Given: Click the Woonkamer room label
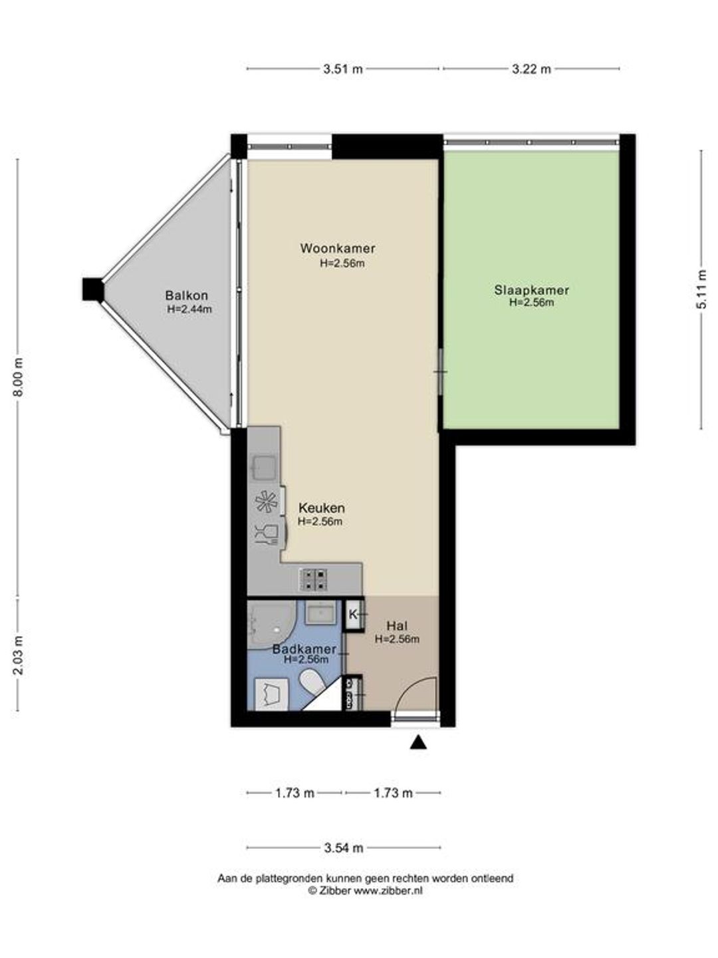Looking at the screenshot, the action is click(338, 248).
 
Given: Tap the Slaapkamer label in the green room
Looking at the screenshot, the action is click(531, 290).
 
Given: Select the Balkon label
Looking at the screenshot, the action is click(186, 295).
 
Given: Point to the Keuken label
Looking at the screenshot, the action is click(321, 508).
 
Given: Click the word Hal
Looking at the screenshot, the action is click(397, 626).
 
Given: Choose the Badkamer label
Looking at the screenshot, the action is click(304, 649).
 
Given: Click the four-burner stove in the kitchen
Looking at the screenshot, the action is click(312, 580).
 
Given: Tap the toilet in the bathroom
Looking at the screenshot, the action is click(312, 681).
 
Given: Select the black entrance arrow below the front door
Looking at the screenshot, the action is click(418, 742).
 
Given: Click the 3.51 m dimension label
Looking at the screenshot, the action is click(342, 69).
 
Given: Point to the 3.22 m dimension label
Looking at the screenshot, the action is click(531, 69).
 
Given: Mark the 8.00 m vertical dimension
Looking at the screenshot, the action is click(18, 377).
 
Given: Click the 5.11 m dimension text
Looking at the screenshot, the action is click(701, 289).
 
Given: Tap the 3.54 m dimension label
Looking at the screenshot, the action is click(344, 848).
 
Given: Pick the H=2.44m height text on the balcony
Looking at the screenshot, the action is click(189, 309).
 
